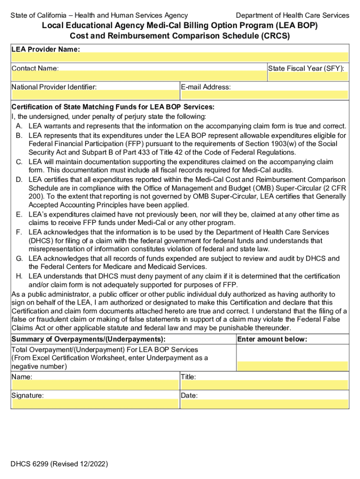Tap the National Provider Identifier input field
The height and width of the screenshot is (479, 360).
point(95,95)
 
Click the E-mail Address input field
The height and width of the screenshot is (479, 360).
point(265,95)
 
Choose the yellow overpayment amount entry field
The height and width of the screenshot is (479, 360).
point(293,366)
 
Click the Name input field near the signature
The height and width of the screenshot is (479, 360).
point(95,385)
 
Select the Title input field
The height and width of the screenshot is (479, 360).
point(265,385)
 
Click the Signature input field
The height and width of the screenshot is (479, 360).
point(95,403)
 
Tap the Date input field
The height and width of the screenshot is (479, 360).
point(265,403)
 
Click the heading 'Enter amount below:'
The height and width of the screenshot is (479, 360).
point(272,339)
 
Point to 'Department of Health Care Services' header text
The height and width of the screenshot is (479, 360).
point(292,15)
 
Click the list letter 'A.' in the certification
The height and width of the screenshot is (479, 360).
point(19,126)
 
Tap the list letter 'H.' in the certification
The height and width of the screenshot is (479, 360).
point(19,276)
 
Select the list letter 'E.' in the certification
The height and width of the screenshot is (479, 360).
point(19,214)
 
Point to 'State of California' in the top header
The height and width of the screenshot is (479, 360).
point(39,15)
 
